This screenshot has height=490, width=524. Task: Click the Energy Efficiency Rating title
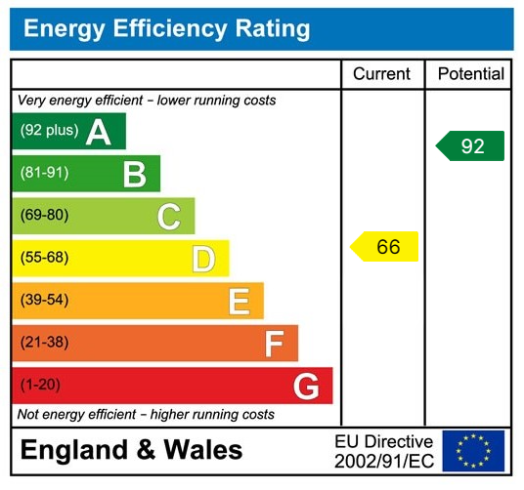point(166,29)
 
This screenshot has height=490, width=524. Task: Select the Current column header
point(381,74)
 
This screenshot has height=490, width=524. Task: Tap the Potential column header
point(470,74)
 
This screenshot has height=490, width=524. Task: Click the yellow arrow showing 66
point(385,247)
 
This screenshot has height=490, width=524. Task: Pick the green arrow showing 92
point(470,146)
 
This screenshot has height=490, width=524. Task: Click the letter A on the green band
point(99,132)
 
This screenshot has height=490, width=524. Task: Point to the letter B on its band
point(134,174)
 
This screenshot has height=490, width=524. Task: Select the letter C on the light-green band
point(168,217)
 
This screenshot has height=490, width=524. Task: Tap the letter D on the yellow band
point(202,259)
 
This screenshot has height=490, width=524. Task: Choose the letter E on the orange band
point(239,302)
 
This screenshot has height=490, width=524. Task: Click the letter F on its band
point(274,344)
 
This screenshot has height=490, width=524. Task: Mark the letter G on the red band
point(306,387)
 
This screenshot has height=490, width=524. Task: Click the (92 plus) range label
point(48,131)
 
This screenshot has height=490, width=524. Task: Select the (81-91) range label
point(44,173)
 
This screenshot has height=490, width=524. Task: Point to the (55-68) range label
point(44,258)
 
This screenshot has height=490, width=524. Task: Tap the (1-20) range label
point(40,385)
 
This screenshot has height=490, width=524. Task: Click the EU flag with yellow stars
point(473,451)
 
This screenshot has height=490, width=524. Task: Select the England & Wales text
point(131,450)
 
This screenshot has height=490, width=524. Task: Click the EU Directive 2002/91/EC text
point(383,451)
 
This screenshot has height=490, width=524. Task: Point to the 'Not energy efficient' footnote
point(146,415)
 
